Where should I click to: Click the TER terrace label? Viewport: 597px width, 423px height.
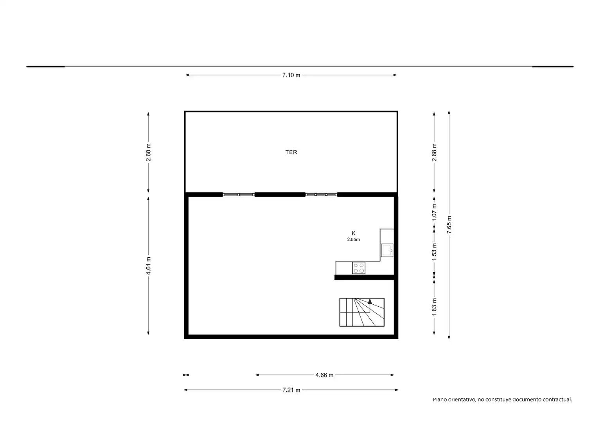pyautogui.click(x=291, y=152)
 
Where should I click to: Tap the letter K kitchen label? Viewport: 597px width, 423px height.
pyautogui.click(x=353, y=233)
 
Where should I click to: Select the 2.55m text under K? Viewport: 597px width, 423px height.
pyautogui.click(x=353, y=240)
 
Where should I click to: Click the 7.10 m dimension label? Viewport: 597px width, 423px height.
pyautogui.click(x=291, y=75)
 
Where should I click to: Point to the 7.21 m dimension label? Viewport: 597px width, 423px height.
pyautogui.click(x=291, y=390)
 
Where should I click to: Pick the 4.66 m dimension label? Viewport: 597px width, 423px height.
pyautogui.click(x=324, y=375)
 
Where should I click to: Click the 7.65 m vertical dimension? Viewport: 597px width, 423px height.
pyautogui.click(x=449, y=225)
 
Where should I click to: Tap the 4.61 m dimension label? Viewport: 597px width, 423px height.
pyautogui.click(x=148, y=266)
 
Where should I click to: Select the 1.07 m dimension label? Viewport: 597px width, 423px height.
pyautogui.click(x=434, y=212)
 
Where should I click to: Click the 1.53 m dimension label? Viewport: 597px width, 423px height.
pyautogui.click(x=434, y=252)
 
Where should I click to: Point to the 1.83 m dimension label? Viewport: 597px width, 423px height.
pyautogui.click(x=434, y=307)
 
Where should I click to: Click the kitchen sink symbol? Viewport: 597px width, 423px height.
pyautogui.click(x=387, y=250)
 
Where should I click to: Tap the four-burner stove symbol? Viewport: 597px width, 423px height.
pyautogui.click(x=358, y=268)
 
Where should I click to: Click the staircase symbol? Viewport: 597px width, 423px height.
pyautogui.click(x=361, y=312)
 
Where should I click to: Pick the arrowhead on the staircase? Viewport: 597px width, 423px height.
pyautogui.click(x=370, y=301)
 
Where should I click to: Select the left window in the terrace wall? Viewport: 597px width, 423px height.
pyautogui.click(x=239, y=195)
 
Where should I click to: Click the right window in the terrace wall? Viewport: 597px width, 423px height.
pyautogui.click(x=321, y=195)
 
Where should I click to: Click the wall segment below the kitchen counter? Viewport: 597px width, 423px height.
pyautogui.click(x=364, y=277)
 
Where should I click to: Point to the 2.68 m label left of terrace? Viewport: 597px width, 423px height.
pyautogui.click(x=148, y=152)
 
